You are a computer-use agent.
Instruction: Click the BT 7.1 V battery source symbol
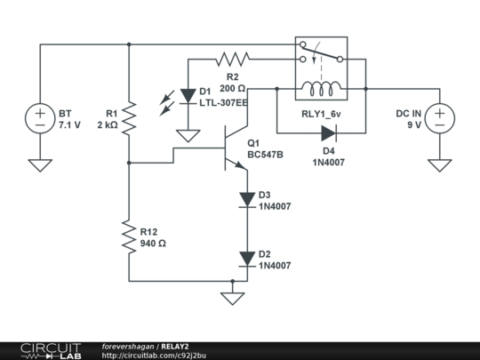coord(40,118)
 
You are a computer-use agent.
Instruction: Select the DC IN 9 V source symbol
coord(439,118)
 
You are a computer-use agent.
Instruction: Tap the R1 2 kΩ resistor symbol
coord(129,118)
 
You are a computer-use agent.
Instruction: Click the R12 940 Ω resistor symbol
coord(129,237)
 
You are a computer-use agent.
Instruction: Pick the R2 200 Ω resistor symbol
coord(233,60)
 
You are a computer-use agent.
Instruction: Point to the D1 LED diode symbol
coord(188,94)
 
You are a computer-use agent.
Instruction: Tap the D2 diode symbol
coord(246,259)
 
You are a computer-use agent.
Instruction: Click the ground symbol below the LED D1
coord(188,135)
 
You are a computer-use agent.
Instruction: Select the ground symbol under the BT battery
coord(40,164)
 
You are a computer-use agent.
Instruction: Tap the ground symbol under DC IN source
coord(439,164)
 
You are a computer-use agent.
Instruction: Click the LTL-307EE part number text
coord(224,102)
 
